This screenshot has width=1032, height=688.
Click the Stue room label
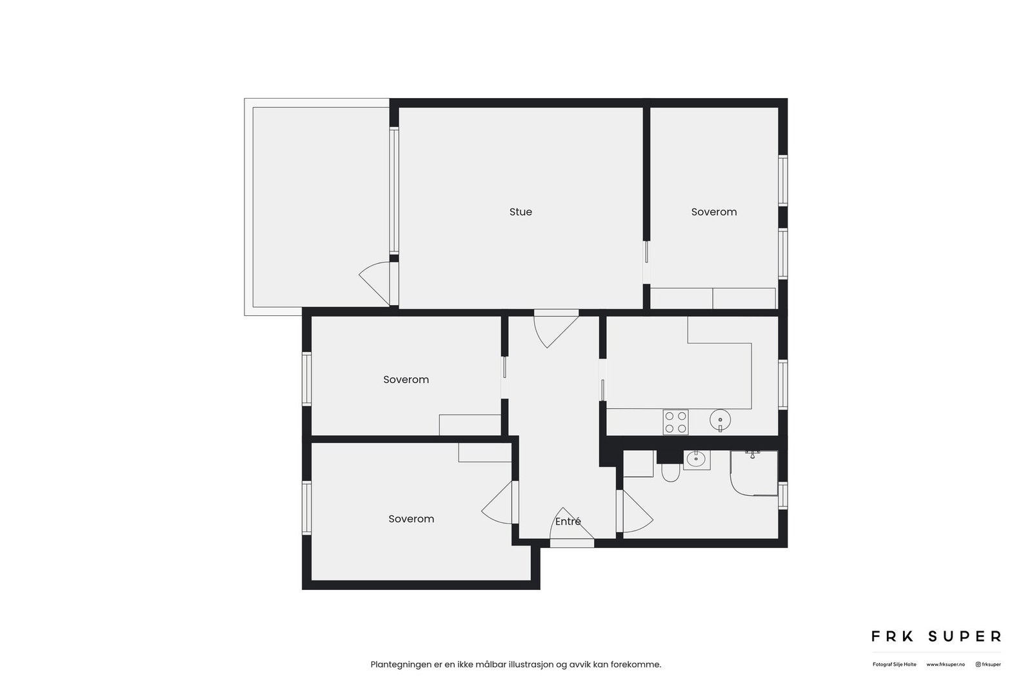[521, 212]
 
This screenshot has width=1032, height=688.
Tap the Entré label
[568, 522]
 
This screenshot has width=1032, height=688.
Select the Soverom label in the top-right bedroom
[713, 212]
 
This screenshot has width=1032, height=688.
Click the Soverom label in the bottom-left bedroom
[411, 519]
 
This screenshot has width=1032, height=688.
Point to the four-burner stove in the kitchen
[675, 422]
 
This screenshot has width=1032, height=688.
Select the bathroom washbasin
[696, 460]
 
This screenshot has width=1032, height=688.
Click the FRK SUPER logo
[936, 636]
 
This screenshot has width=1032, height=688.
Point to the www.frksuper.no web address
[946, 664]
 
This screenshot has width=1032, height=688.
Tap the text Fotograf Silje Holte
[894, 664]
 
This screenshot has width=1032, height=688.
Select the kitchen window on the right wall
[783, 384]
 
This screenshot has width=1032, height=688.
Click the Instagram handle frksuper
[988, 664]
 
